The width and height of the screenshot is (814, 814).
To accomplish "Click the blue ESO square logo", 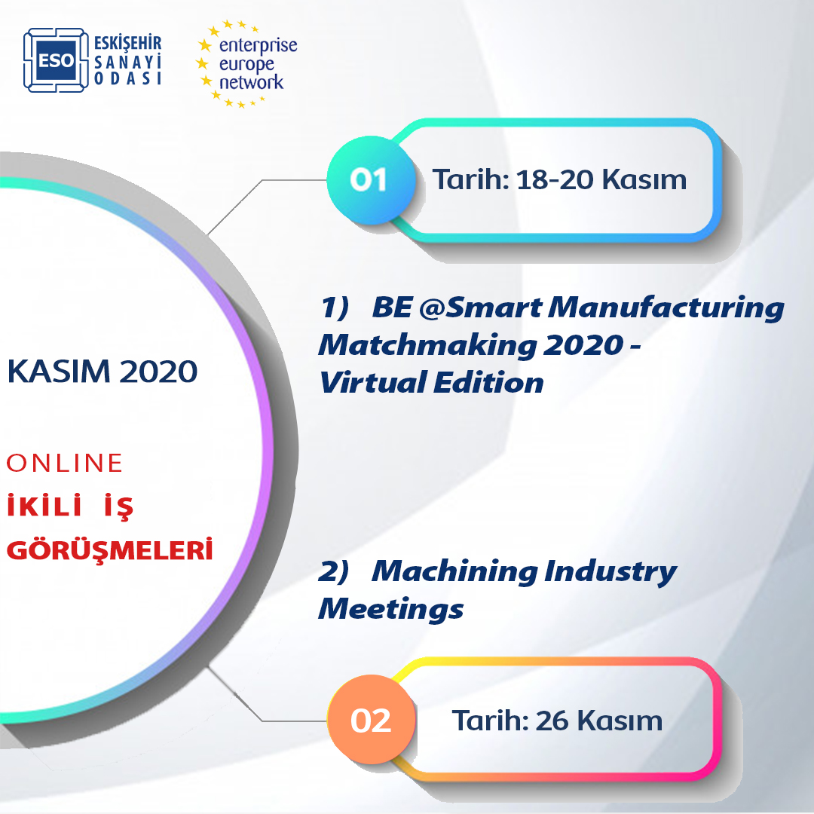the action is (x=56, y=60).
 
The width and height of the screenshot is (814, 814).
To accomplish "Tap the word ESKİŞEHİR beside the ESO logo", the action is (x=127, y=43).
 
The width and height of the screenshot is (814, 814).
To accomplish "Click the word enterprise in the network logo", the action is (x=258, y=46).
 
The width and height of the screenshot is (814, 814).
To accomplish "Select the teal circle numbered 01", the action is (x=371, y=180).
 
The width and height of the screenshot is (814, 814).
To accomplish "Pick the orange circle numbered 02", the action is (x=371, y=720).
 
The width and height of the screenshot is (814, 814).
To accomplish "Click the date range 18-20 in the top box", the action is (x=555, y=179).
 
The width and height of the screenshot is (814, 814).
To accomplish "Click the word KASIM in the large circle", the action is (x=59, y=371).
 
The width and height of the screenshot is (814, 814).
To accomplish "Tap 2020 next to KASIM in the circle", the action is (x=158, y=371).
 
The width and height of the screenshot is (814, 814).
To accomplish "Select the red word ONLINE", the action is (x=64, y=463).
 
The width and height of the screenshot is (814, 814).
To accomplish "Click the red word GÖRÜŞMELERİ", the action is (x=109, y=549).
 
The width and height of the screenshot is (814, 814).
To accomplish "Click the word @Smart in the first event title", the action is (x=481, y=308).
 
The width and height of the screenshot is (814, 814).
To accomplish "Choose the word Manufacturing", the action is (x=666, y=308).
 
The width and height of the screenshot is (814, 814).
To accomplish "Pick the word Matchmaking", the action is (x=427, y=345).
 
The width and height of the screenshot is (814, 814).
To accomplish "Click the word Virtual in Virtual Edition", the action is (x=373, y=383).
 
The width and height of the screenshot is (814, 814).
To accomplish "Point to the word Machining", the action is (x=454, y=572).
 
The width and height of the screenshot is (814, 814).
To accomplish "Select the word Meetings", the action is (x=391, y=610).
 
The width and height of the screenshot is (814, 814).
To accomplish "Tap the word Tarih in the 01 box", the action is (x=471, y=179).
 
